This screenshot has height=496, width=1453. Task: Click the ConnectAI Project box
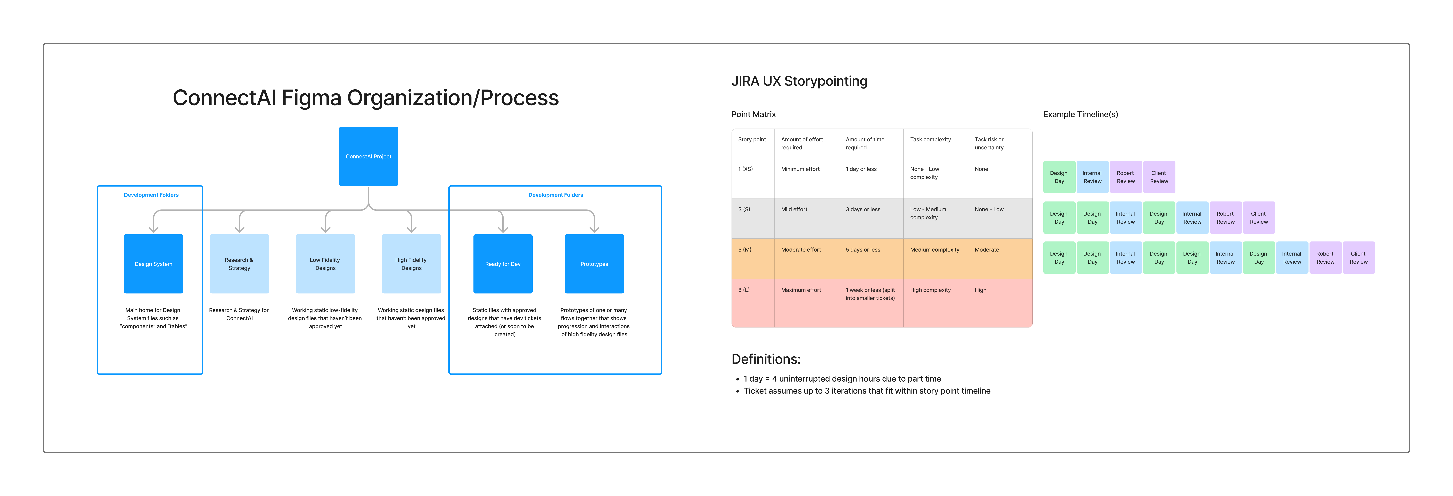tap(368, 156)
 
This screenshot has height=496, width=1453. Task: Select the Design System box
tap(153, 263)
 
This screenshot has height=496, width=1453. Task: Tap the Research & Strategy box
tap(239, 263)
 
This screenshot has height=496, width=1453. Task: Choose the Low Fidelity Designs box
tap(325, 263)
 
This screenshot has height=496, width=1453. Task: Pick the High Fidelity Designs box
tap(411, 263)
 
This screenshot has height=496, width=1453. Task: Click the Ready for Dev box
tap(503, 263)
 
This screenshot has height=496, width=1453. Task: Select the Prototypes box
tap(594, 263)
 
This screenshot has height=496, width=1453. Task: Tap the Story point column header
tap(752, 139)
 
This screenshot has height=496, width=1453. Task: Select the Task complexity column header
tap(930, 139)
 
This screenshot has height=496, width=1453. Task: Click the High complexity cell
tap(930, 290)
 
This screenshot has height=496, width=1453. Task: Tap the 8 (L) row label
tap(744, 290)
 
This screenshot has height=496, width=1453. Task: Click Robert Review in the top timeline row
tap(1125, 177)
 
